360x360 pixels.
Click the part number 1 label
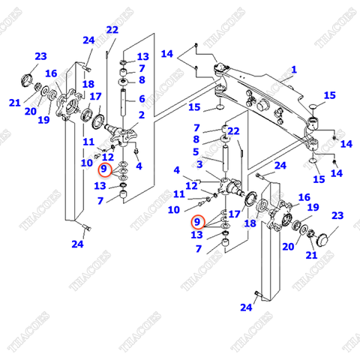coord(294,70)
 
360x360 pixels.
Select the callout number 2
coord(142,115)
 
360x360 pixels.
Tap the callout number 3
coord(199,164)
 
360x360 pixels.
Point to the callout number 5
coord(196,151)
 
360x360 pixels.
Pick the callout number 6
coord(142,99)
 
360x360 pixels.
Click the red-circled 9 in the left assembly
coord(103,169)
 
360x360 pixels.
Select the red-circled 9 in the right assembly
coord(197,222)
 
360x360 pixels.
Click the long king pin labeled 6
coord(124,103)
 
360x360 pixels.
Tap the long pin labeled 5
coord(226,157)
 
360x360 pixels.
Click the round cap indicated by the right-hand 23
coord(322,239)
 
